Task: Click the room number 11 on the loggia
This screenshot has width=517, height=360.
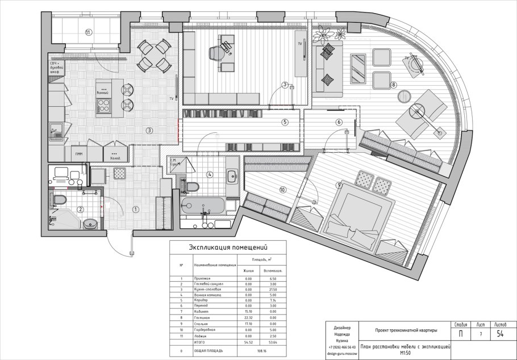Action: (x=88, y=32)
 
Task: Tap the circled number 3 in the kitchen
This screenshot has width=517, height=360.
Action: (x=149, y=130)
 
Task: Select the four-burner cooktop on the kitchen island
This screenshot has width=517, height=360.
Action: (x=104, y=105)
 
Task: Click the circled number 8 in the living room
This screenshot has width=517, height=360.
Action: (x=393, y=85)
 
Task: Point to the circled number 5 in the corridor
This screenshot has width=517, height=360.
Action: (x=285, y=122)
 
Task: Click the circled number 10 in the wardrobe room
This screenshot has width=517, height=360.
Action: (x=282, y=190)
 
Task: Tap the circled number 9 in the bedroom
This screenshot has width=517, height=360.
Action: (x=339, y=185)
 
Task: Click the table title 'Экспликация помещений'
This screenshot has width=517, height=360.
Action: (x=227, y=247)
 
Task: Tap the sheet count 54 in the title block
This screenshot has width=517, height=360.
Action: (x=500, y=334)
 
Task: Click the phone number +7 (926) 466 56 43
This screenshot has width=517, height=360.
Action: (x=343, y=346)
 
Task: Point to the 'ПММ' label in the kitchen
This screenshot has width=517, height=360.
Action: (x=78, y=153)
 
